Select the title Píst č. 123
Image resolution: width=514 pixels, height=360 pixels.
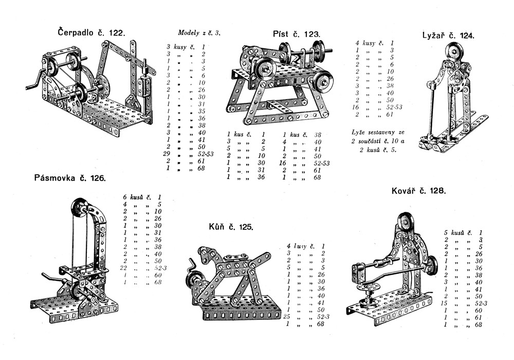coord(297,34)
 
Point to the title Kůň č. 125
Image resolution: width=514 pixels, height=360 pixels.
coord(231,226)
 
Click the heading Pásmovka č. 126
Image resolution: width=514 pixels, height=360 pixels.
coord(70,178)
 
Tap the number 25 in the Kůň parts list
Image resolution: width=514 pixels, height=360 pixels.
coord(288,316)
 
